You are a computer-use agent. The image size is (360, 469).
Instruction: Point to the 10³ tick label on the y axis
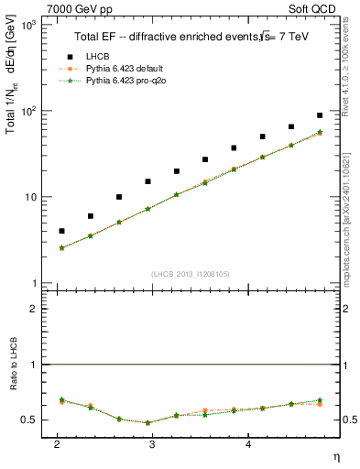(30, 25)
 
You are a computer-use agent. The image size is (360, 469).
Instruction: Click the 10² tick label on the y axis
(30, 111)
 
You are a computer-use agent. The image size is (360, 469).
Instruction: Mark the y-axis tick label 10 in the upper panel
(32, 197)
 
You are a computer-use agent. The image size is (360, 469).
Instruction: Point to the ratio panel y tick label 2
(35, 310)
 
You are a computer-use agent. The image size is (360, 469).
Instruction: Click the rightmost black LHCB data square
(320, 115)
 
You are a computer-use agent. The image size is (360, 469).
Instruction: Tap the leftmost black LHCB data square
(61, 231)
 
